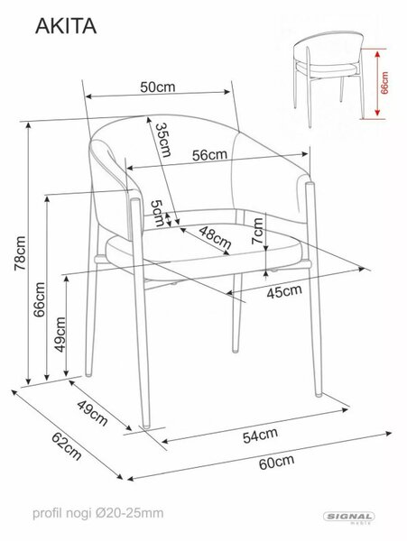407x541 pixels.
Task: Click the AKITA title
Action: [x=66, y=26]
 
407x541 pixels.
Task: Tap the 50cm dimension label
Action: [x=158, y=87]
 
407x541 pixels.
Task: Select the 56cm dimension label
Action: [x=210, y=155]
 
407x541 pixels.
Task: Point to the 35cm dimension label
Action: [x=163, y=140]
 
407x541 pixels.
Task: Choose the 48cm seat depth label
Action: [x=215, y=237]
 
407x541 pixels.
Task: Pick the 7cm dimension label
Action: [x=257, y=231]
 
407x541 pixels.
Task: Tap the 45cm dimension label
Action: [x=284, y=291]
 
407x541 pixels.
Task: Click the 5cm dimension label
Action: [x=157, y=213]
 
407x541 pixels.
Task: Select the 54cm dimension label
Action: [x=260, y=436]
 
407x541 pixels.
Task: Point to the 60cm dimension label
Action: [x=276, y=462]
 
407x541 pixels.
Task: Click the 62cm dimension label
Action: [x=67, y=446]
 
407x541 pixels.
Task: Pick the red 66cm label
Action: [x=384, y=83]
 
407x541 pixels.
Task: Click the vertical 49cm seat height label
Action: [x=60, y=335]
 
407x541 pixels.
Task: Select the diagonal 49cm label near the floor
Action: [x=92, y=413]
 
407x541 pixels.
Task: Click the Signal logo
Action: [x=349, y=518]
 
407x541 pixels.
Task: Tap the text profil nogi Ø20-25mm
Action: [x=98, y=513]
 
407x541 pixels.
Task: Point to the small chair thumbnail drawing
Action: [x=329, y=79]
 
